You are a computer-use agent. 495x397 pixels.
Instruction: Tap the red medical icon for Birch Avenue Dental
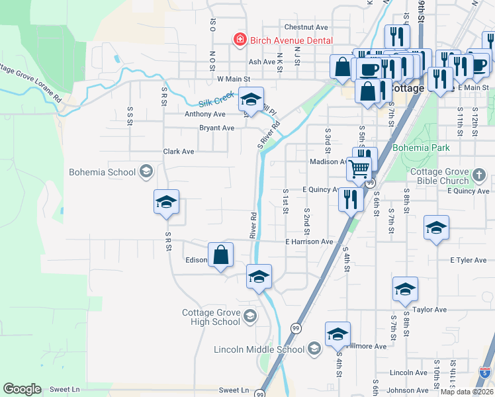point(240,40)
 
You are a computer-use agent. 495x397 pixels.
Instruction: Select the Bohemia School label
point(103,173)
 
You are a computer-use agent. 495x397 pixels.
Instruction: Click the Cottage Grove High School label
point(212,318)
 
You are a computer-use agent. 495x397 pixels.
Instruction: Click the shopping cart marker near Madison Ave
point(359,169)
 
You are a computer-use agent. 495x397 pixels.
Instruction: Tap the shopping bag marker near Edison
point(221,254)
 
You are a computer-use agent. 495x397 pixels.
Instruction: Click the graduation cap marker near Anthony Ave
point(251,100)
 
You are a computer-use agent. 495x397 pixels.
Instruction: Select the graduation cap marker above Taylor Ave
point(405,289)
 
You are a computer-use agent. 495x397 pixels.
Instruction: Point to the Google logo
point(22,389)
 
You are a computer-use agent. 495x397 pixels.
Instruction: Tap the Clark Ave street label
point(179,152)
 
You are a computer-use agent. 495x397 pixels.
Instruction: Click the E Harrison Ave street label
point(309,242)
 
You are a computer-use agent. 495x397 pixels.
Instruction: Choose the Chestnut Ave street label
point(306,27)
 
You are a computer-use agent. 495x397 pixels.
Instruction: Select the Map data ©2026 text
point(467,392)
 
